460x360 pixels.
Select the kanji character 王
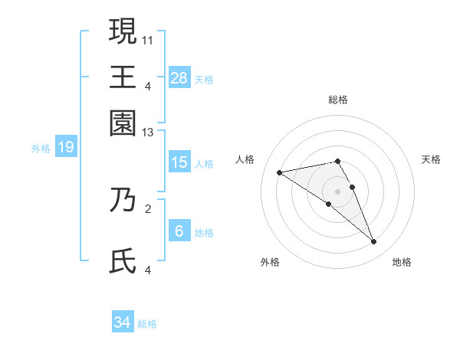[x=123, y=77]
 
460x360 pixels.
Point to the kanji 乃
[x=123, y=201]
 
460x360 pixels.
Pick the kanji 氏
[x=123, y=262]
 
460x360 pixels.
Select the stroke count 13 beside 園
[x=148, y=133]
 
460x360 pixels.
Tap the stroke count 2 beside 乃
[x=148, y=207]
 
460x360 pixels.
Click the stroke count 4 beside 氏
[x=148, y=270]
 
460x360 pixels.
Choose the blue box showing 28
[x=179, y=78]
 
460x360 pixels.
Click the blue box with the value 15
[x=179, y=162]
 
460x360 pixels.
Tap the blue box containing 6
[x=179, y=231]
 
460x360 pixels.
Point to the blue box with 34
[x=123, y=322]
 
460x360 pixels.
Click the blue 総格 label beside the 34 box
[x=147, y=324]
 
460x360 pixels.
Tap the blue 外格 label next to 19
[x=40, y=149]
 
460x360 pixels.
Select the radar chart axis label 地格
[x=402, y=263]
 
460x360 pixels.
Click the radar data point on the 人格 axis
[x=280, y=172]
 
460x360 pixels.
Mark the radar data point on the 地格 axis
[x=374, y=242]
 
